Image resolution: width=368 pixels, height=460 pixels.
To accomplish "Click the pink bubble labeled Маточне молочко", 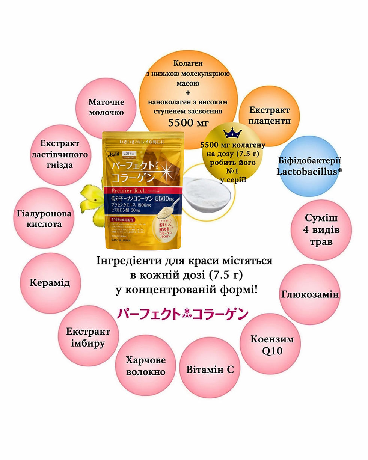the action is click(x=106, y=107).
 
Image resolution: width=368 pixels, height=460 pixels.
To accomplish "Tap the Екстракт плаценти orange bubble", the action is click(x=269, y=115).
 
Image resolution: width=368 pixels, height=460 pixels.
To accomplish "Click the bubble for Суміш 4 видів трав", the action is click(x=321, y=230).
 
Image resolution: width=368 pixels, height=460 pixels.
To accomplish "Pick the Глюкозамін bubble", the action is click(x=310, y=294).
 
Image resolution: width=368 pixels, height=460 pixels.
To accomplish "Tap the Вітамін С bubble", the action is click(x=210, y=369).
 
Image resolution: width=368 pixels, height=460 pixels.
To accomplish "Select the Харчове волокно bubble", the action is click(x=146, y=366).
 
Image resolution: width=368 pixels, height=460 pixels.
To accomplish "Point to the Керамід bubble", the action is click(x=50, y=283).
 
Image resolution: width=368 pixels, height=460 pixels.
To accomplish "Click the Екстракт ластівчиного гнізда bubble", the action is click(x=60, y=154).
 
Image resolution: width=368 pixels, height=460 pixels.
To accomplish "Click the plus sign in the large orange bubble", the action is click(x=188, y=92).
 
